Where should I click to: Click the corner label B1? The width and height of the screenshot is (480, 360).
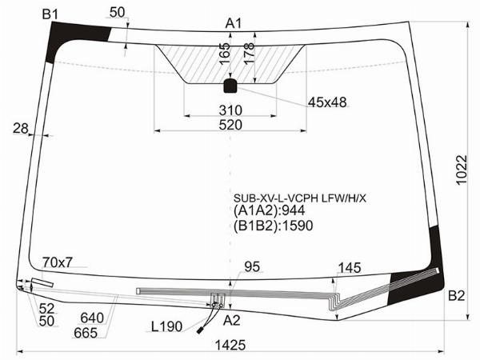[50, 14]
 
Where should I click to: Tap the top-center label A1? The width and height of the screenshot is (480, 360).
[234, 23]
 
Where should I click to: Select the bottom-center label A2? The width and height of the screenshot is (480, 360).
[231, 321]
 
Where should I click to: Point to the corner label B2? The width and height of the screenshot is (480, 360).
[456, 296]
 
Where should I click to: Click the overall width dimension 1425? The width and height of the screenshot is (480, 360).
[230, 346]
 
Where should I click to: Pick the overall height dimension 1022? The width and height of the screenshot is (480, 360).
[462, 170]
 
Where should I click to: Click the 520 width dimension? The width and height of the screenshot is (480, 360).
[230, 125]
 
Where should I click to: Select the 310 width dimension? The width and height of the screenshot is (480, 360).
[230, 110]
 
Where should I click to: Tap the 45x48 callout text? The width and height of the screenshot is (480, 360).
[327, 102]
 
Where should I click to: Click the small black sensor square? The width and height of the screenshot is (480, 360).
[230, 86]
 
